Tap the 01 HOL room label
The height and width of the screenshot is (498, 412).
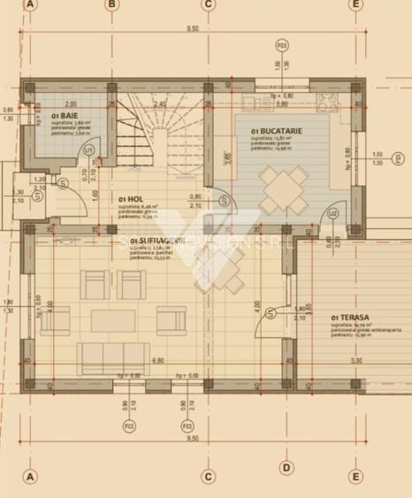pos(129,201)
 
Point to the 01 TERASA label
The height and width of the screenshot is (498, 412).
pos(347,317)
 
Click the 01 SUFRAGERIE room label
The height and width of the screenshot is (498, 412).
pos(156,241)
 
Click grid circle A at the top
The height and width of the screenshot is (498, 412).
pos(30,4)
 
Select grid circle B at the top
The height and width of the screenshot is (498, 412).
pos(112,4)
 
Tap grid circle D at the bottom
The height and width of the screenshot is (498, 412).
pos(286,468)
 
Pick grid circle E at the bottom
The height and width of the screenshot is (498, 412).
pos(355,476)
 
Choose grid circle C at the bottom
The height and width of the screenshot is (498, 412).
pos(208,476)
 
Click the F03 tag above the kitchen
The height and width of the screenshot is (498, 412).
pos(282,43)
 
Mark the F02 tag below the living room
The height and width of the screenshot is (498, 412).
pos(130,425)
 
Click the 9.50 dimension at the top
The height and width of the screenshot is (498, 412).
pos(192,29)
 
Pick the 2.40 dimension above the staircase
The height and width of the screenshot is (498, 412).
pos(161,103)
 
